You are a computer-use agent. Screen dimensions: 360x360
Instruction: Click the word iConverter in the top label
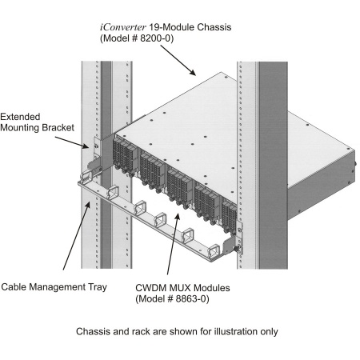pyautogui.click(x=123, y=27)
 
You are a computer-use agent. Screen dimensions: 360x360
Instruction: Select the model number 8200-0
pyautogui.click(x=155, y=38)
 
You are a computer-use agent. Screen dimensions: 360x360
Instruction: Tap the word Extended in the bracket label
pyautogui.click(x=20, y=117)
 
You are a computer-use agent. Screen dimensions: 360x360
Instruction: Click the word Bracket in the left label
pyautogui.click(x=58, y=127)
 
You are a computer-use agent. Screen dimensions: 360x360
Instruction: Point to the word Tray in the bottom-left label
pyautogui.click(x=98, y=287)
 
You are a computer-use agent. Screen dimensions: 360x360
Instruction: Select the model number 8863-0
pyautogui.click(x=191, y=298)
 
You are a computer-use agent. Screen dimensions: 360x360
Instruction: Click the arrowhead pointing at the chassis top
pyautogui.click(x=193, y=72)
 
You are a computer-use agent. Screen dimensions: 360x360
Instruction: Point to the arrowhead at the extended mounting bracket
pyautogui.click(x=85, y=146)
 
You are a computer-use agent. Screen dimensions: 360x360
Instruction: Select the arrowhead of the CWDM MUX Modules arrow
pyautogui.click(x=178, y=217)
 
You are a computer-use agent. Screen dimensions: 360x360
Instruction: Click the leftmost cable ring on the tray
pyautogui.click(x=86, y=177)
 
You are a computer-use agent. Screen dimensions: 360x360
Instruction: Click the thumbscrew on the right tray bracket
pyautogui.click(x=236, y=249)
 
